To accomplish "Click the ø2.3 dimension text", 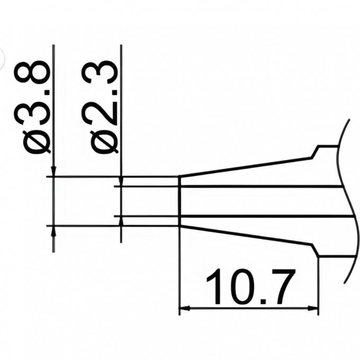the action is [100, 107].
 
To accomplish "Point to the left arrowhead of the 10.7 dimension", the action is [184, 308].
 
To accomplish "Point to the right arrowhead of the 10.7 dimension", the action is [313, 308].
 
